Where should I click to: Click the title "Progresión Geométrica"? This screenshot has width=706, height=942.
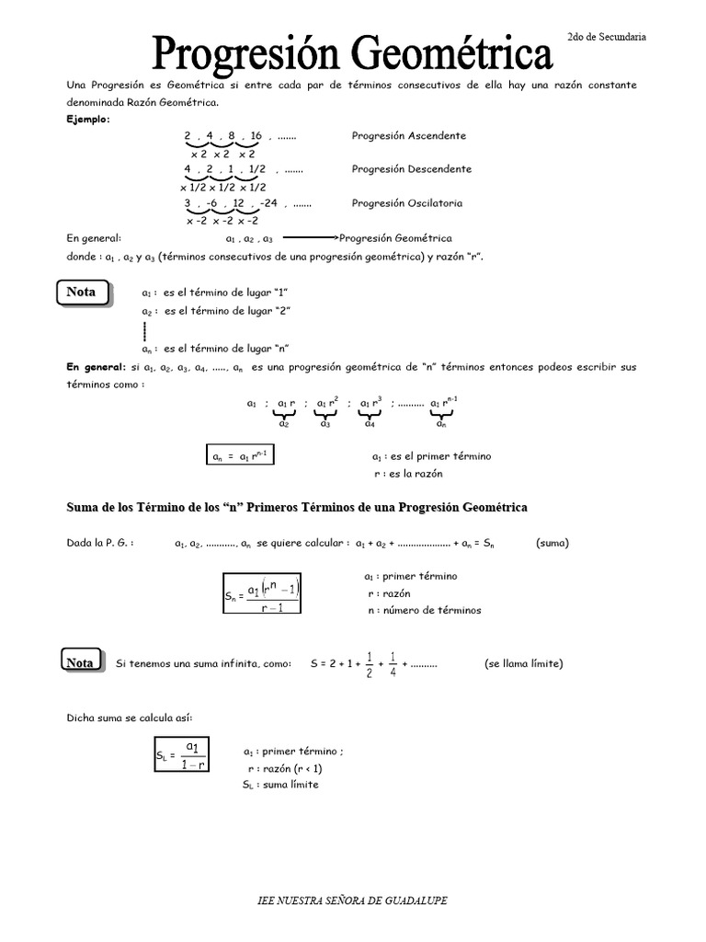coord(352,52)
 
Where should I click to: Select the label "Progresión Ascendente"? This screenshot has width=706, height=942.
coord(408,135)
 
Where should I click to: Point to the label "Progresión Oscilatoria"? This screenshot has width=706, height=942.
coord(406,202)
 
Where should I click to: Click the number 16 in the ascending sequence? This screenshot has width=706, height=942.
coord(256,135)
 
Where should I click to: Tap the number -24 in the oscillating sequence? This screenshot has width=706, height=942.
coord(268,202)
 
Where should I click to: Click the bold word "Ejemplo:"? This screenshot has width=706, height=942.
coord(87,119)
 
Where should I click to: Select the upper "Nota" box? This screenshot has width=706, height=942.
coord(82,293)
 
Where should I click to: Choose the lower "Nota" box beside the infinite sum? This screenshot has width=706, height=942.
coord(81,662)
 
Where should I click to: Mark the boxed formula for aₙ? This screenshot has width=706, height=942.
coord(238,455)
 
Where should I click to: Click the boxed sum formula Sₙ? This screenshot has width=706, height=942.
coord(262,594)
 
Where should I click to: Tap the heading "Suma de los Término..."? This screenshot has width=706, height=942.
coord(297,508)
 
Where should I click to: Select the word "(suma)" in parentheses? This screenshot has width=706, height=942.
coord(552,543)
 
